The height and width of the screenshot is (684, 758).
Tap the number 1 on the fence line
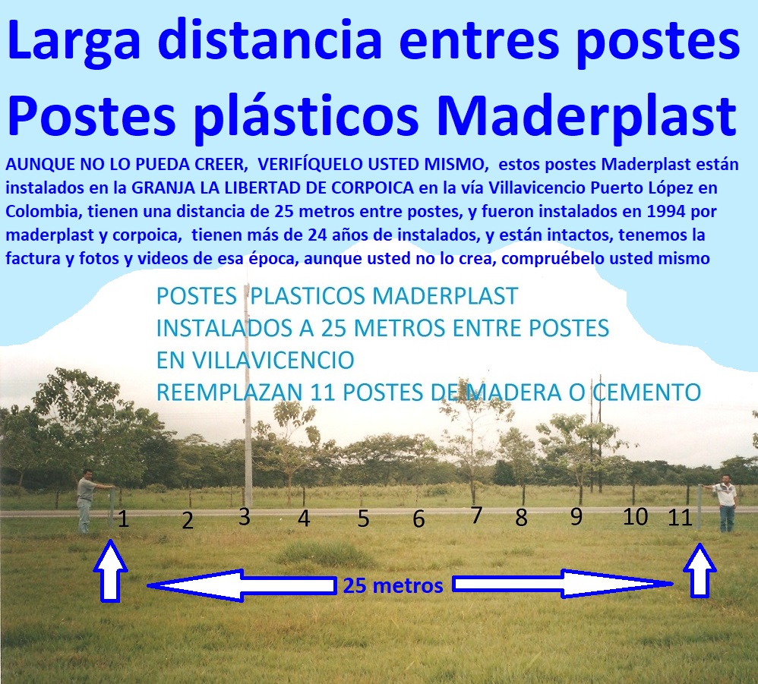(124, 521)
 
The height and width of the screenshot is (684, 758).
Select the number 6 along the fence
(418, 520)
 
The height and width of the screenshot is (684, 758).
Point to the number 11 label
(679, 518)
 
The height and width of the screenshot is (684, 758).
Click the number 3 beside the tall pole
(244, 517)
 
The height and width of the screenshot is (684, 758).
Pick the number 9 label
(576, 516)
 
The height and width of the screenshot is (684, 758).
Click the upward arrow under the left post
(111, 572)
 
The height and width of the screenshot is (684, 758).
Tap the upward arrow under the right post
(699, 572)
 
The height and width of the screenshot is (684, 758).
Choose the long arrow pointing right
(562, 585)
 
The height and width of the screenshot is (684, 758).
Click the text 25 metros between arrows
(393, 586)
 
